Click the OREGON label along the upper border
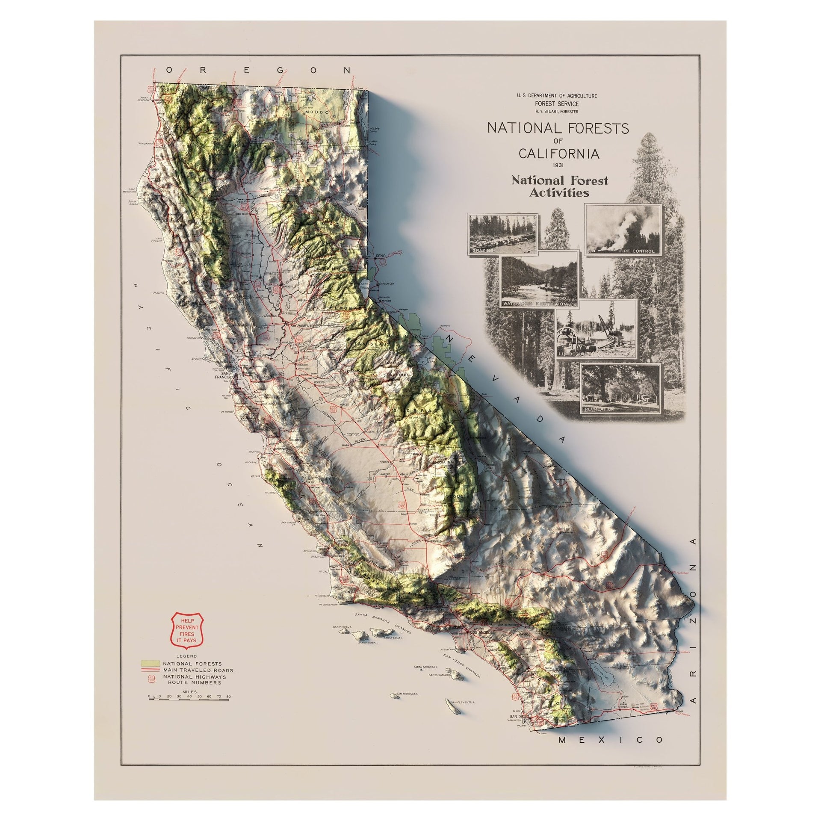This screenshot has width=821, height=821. [259, 70]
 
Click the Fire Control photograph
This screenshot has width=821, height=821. [623, 230]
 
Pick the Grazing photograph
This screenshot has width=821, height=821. [503, 233]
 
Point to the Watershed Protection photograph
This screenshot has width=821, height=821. [539, 279]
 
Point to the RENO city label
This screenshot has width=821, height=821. [381, 256]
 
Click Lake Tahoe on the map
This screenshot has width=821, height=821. [365, 286]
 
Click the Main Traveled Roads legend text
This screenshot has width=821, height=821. [197, 682]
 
